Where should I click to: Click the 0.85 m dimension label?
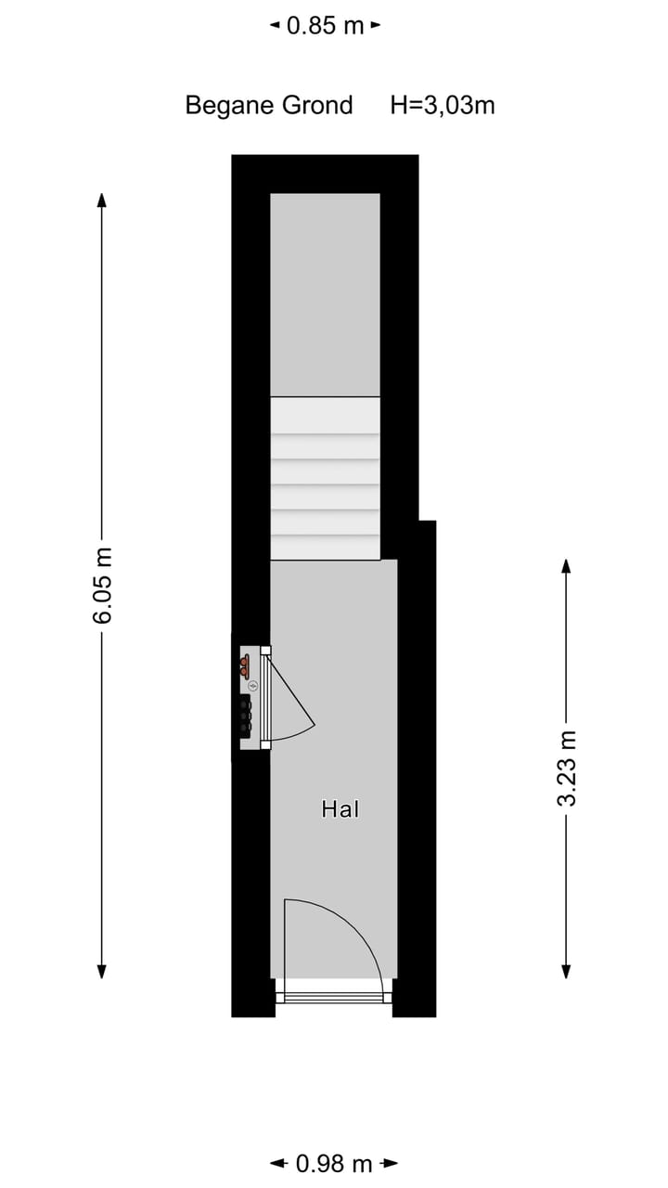point(325,25)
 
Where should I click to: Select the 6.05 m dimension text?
point(102,585)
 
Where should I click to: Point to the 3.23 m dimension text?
point(566,768)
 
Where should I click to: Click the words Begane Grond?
point(269,105)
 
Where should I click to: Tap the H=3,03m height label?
point(443,105)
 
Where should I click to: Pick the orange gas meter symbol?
point(244,665)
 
